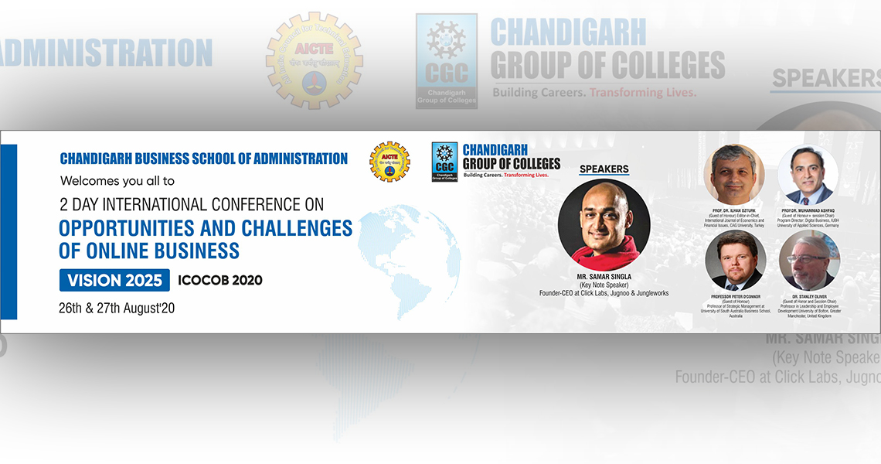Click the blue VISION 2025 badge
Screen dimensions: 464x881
pos(114,280)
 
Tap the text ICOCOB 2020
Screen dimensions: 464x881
pos(219,280)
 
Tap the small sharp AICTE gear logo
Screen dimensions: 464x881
pos(389,161)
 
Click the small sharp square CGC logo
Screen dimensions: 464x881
pos(444,162)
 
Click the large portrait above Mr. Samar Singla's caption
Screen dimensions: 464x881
pos(604,225)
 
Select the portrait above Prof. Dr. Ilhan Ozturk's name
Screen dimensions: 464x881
pos(734,175)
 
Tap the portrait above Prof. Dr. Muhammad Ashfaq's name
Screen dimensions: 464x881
pos(808,175)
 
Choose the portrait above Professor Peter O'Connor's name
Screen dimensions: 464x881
pos(736,261)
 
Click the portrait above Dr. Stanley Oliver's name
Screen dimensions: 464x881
pos(808,261)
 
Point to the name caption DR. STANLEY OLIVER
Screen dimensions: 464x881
pos(809,296)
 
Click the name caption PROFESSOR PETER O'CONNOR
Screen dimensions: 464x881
pos(736,295)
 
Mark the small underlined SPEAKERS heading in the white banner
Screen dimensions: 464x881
pos(604,169)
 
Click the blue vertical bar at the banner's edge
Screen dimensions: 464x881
pos(9,232)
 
